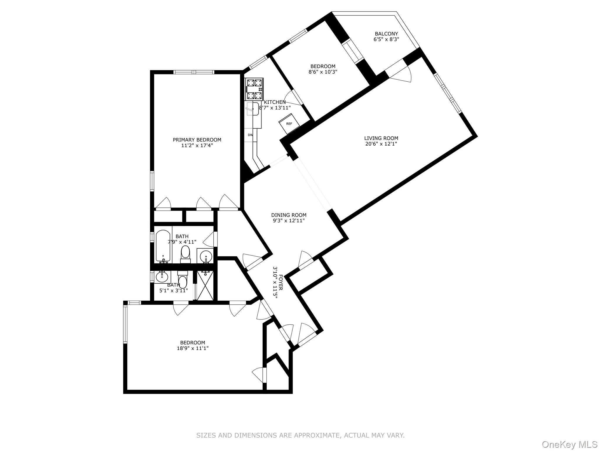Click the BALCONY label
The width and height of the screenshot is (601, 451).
coord(386,34)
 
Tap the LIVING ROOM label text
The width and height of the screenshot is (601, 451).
coord(381,138)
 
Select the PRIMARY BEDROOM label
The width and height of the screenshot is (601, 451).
coord(197,140)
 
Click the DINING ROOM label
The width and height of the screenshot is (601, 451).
coord(288,215)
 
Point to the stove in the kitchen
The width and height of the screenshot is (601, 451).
coord(254,89)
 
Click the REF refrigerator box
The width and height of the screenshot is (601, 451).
coord(289,124)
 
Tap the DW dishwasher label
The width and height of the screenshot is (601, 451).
coord(250,135)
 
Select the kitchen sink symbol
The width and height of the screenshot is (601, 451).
coord(253,109)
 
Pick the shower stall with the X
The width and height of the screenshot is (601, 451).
coord(205,285)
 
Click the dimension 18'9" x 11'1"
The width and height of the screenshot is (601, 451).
coord(193,348)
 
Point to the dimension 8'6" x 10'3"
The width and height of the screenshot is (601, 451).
coord(323,72)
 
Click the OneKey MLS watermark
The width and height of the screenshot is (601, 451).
coord(569,444)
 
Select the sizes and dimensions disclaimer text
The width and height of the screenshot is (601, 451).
coord(300,435)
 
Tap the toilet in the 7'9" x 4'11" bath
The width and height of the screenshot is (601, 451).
coord(185,254)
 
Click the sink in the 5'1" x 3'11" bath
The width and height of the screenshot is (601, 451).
coord(162,276)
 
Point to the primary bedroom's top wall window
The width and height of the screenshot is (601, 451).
coord(194,72)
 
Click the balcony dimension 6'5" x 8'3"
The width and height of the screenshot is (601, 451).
coord(386,39)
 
